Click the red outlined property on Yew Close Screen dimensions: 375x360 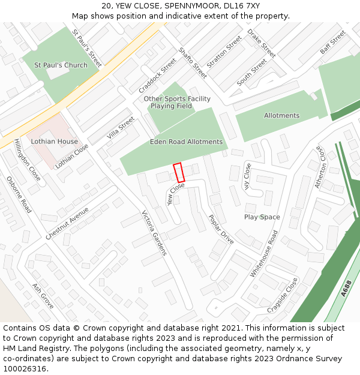[178, 172]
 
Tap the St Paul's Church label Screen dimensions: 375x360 [61, 65]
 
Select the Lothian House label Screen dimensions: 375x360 [55, 142]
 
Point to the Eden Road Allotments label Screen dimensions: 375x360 [186, 142]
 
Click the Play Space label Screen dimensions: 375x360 [262, 217]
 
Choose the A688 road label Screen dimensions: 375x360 [346, 290]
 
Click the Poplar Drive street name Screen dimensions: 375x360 [221, 229]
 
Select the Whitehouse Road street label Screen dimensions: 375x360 [265, 253]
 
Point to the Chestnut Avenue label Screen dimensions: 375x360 [67, 223]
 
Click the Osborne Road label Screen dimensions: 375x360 [19, 194]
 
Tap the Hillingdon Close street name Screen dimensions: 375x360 [27, 160]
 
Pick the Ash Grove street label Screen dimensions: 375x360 [43, 296]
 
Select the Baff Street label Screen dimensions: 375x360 [332, 43]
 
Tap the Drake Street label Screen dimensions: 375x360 [261, 43]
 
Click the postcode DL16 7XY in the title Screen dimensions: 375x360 [241, 6]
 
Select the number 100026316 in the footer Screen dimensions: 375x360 [25, 368]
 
